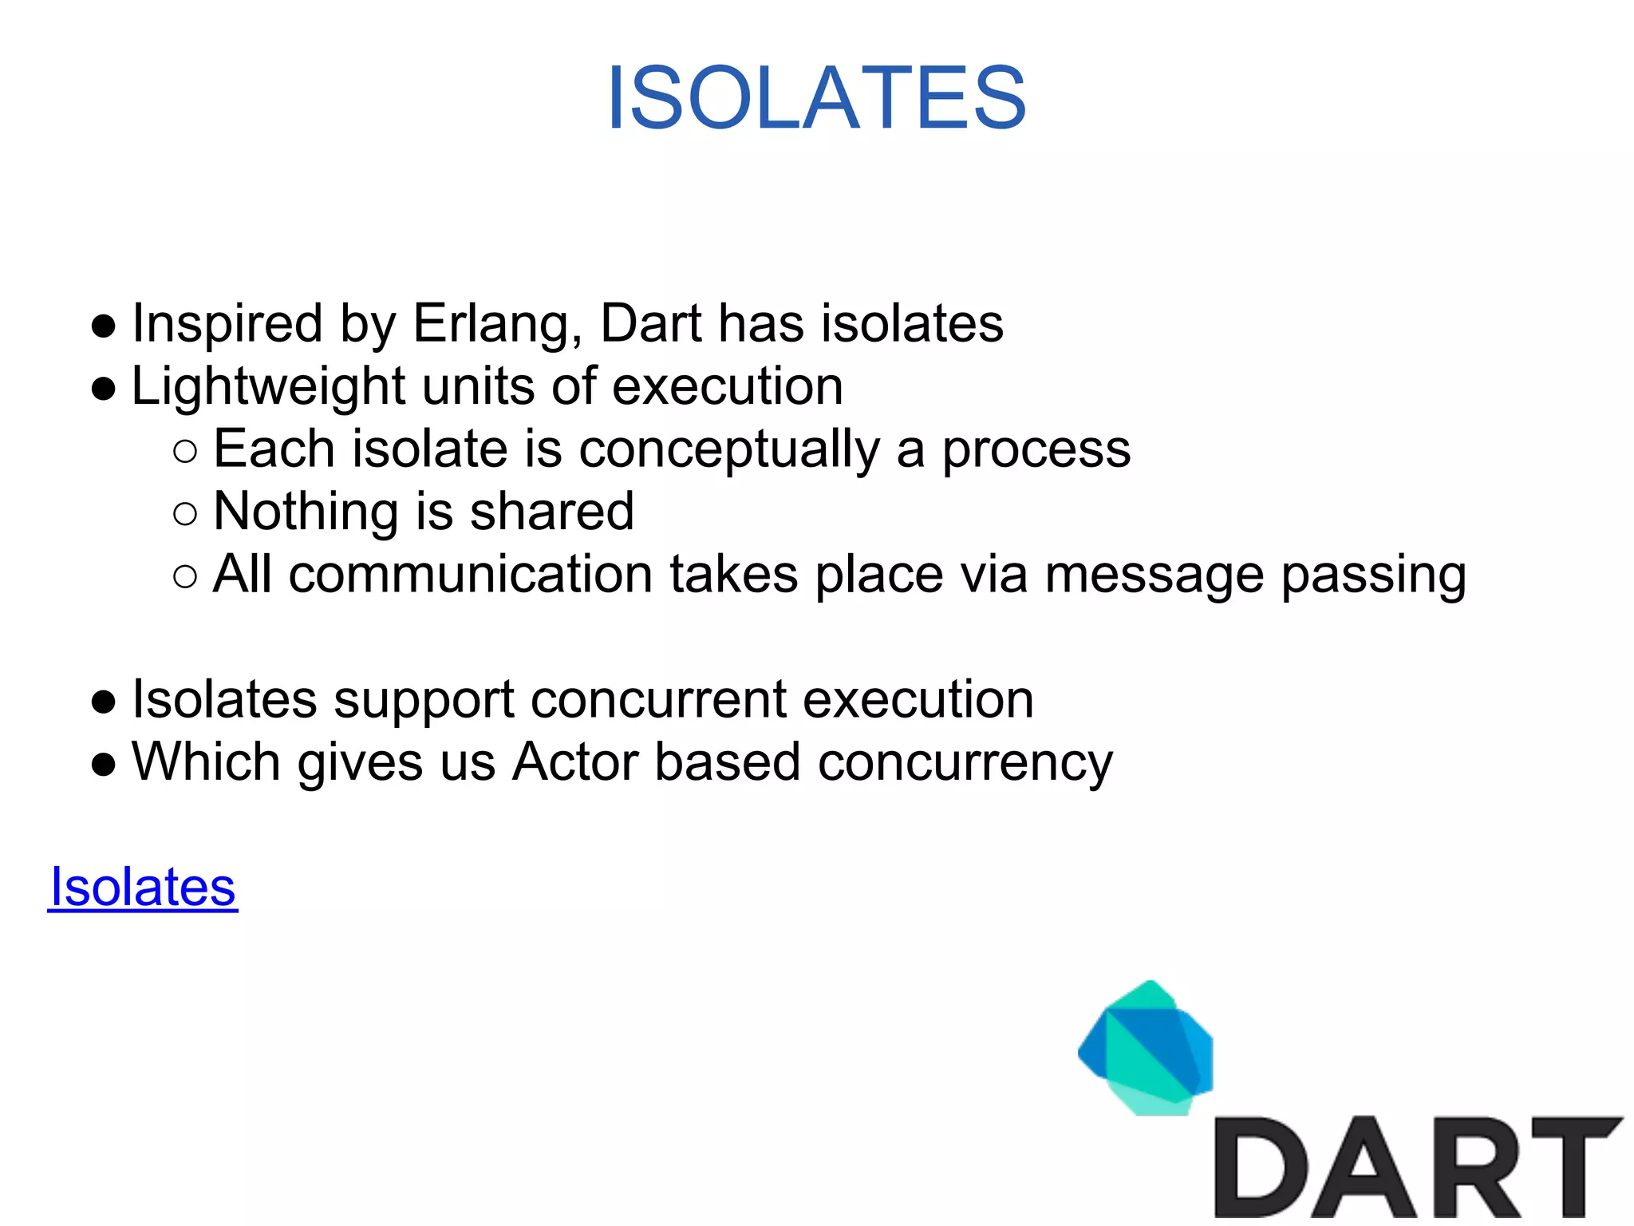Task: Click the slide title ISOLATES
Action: [816, 98]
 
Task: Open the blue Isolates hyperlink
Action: [143, 887]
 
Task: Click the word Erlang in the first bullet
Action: [497, 324]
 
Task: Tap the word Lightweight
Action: [268, 387]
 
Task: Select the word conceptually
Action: [728, 450]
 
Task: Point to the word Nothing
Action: [306, 512]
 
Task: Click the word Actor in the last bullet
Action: [575, 761]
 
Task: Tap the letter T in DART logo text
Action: [1576, 1167]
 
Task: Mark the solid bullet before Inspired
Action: [104, 326]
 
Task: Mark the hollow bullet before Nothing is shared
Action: [184, 514]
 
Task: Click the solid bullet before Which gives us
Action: [104, 764]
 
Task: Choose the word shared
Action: [552, 512]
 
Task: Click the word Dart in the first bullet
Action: [650, 324]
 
